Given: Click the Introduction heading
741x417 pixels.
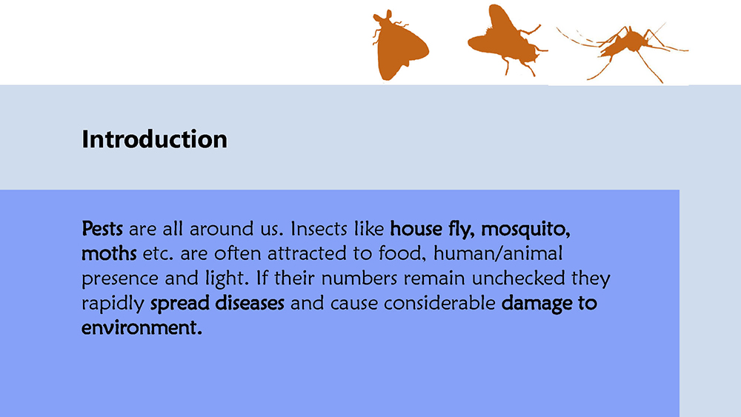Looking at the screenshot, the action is pos(155,139).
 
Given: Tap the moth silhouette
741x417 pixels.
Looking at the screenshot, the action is pos(401,46).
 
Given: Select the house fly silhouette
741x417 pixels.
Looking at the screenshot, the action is pos(507,40).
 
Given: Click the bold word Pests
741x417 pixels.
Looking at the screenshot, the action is pos(102,229).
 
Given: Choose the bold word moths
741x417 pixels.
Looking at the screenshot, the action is pos(109,254).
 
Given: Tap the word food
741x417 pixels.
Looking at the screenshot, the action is pos(402,254).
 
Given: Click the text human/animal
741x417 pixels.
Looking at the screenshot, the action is pos(498,254).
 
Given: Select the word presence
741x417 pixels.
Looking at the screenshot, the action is pos(120,279).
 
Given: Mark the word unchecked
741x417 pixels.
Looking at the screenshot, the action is pos(518,278).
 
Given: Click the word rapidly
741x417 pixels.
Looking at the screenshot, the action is pos(113,304).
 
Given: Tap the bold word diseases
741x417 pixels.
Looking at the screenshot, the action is pos(250,303).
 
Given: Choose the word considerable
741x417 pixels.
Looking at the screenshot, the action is pos(439,303).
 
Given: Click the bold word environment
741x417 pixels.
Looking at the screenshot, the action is pos(142,327).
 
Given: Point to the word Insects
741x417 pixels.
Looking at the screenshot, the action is pos(319,229).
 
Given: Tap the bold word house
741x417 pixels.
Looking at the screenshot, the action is pos(416,229).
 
